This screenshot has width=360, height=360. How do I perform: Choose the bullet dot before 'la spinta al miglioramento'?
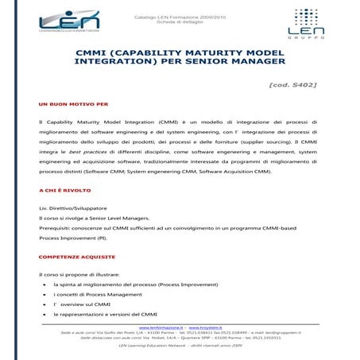click(x=43, y=284)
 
